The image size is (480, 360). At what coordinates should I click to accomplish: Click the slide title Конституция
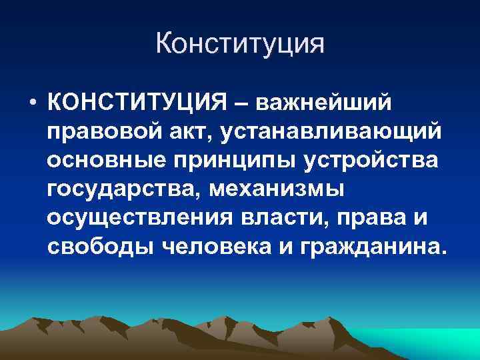tap(240, 45)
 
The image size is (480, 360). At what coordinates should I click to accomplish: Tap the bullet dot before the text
tap(31, 105)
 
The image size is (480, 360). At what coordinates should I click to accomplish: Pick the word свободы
tap(101, 247)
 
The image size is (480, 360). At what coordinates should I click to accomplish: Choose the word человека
tap(214, 247)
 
